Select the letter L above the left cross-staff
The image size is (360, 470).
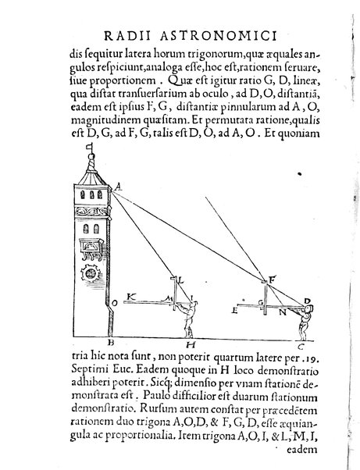[x=179, y=279]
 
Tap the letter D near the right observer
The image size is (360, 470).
[x=308, y=300]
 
